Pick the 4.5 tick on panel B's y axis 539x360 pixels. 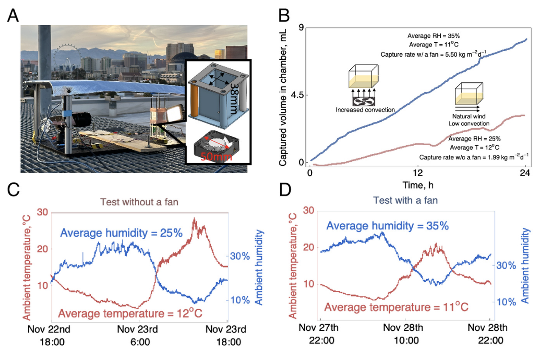point(298,95)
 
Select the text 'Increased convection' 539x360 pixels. point(365,109)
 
